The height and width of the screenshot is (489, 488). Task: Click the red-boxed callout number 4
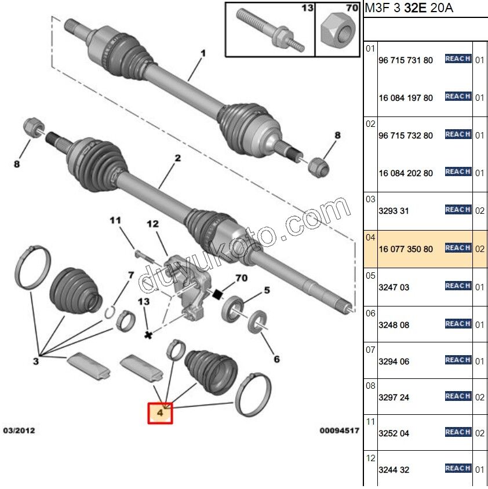(160, 413)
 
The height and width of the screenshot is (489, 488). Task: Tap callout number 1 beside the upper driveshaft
(203, 54)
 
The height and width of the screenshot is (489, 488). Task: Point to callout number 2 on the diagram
(178, 158)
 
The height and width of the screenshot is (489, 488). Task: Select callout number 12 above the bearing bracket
(152, 224)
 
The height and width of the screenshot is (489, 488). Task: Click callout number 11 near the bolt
(115, 220)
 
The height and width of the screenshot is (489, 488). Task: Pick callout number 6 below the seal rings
(276, 359)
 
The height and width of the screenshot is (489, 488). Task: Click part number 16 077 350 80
(406, 249)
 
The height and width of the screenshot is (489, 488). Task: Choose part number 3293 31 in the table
(394, 211)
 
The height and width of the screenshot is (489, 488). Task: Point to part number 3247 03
(394, 287)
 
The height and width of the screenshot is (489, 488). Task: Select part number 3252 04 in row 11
(394, 433)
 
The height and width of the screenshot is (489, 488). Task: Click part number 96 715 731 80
(406, 60)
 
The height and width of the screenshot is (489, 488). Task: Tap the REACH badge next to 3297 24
(458, 396)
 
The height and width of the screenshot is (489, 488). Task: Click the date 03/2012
(20, 432)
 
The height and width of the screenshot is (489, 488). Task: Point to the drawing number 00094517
(339, 432)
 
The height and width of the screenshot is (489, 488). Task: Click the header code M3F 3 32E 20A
(409, 9)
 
